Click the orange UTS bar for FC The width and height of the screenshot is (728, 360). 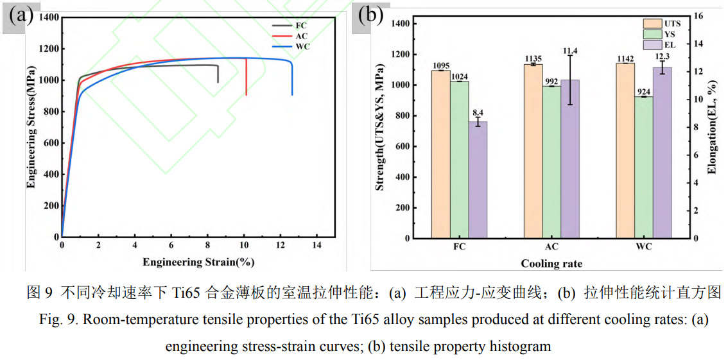click(x=440, y=154)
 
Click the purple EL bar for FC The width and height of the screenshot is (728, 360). click(x=478, y=180)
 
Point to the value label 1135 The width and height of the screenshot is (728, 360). click(x=533, y=59)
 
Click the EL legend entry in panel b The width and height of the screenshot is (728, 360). click(x=661, y=45)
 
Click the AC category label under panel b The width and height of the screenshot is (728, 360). click(x=551, y=247)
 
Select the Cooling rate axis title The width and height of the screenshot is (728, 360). click(x=551, y=263)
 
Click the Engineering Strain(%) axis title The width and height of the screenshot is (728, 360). click(x=198, y=262)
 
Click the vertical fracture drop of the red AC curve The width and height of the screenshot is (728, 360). click(x=247, y=77)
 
